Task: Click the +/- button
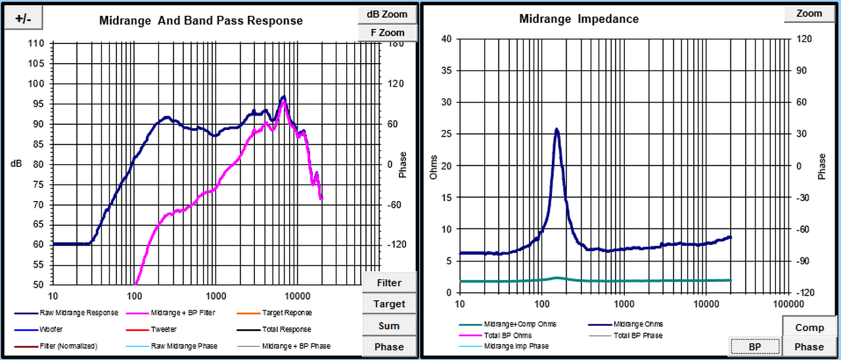[23, 19]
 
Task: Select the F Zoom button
[387, 32]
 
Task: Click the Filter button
[388, 283]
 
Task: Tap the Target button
[389, 304]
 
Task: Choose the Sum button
[389, 326]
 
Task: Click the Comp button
[809, 327]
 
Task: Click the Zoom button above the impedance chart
[809, 13]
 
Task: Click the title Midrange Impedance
[579, 19]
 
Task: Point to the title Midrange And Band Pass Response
[201, 20]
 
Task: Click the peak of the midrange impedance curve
[557, 129]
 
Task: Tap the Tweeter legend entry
[164, 329]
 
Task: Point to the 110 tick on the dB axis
[36, 44]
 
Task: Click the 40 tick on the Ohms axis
[446, 39]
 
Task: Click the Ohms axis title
[433, 166]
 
